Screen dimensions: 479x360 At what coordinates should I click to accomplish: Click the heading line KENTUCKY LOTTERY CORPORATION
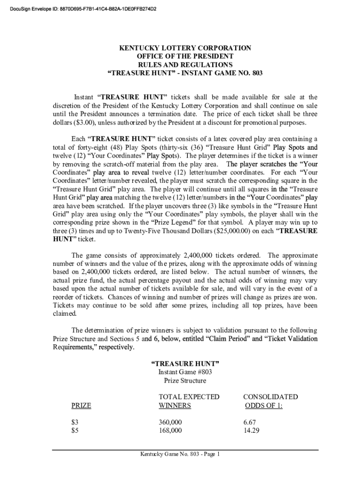(185, 48)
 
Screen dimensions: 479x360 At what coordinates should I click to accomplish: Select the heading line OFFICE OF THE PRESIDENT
(185, 57)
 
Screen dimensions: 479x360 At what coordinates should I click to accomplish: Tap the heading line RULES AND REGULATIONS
(185, 65)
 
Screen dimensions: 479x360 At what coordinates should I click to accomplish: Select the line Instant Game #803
(185, 372)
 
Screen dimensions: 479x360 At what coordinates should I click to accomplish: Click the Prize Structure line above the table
(185, 380)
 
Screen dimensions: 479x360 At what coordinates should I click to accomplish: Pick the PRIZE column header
(81, 406)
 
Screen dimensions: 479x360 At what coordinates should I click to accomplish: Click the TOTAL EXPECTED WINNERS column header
(189, 401)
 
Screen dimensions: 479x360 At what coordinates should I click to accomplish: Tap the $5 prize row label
(74, 430)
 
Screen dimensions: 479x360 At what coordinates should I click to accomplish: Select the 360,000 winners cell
(171, 422)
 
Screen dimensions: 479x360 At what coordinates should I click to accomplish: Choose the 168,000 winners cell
(171, 430)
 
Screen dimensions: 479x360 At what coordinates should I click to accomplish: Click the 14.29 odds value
(252, 430)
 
